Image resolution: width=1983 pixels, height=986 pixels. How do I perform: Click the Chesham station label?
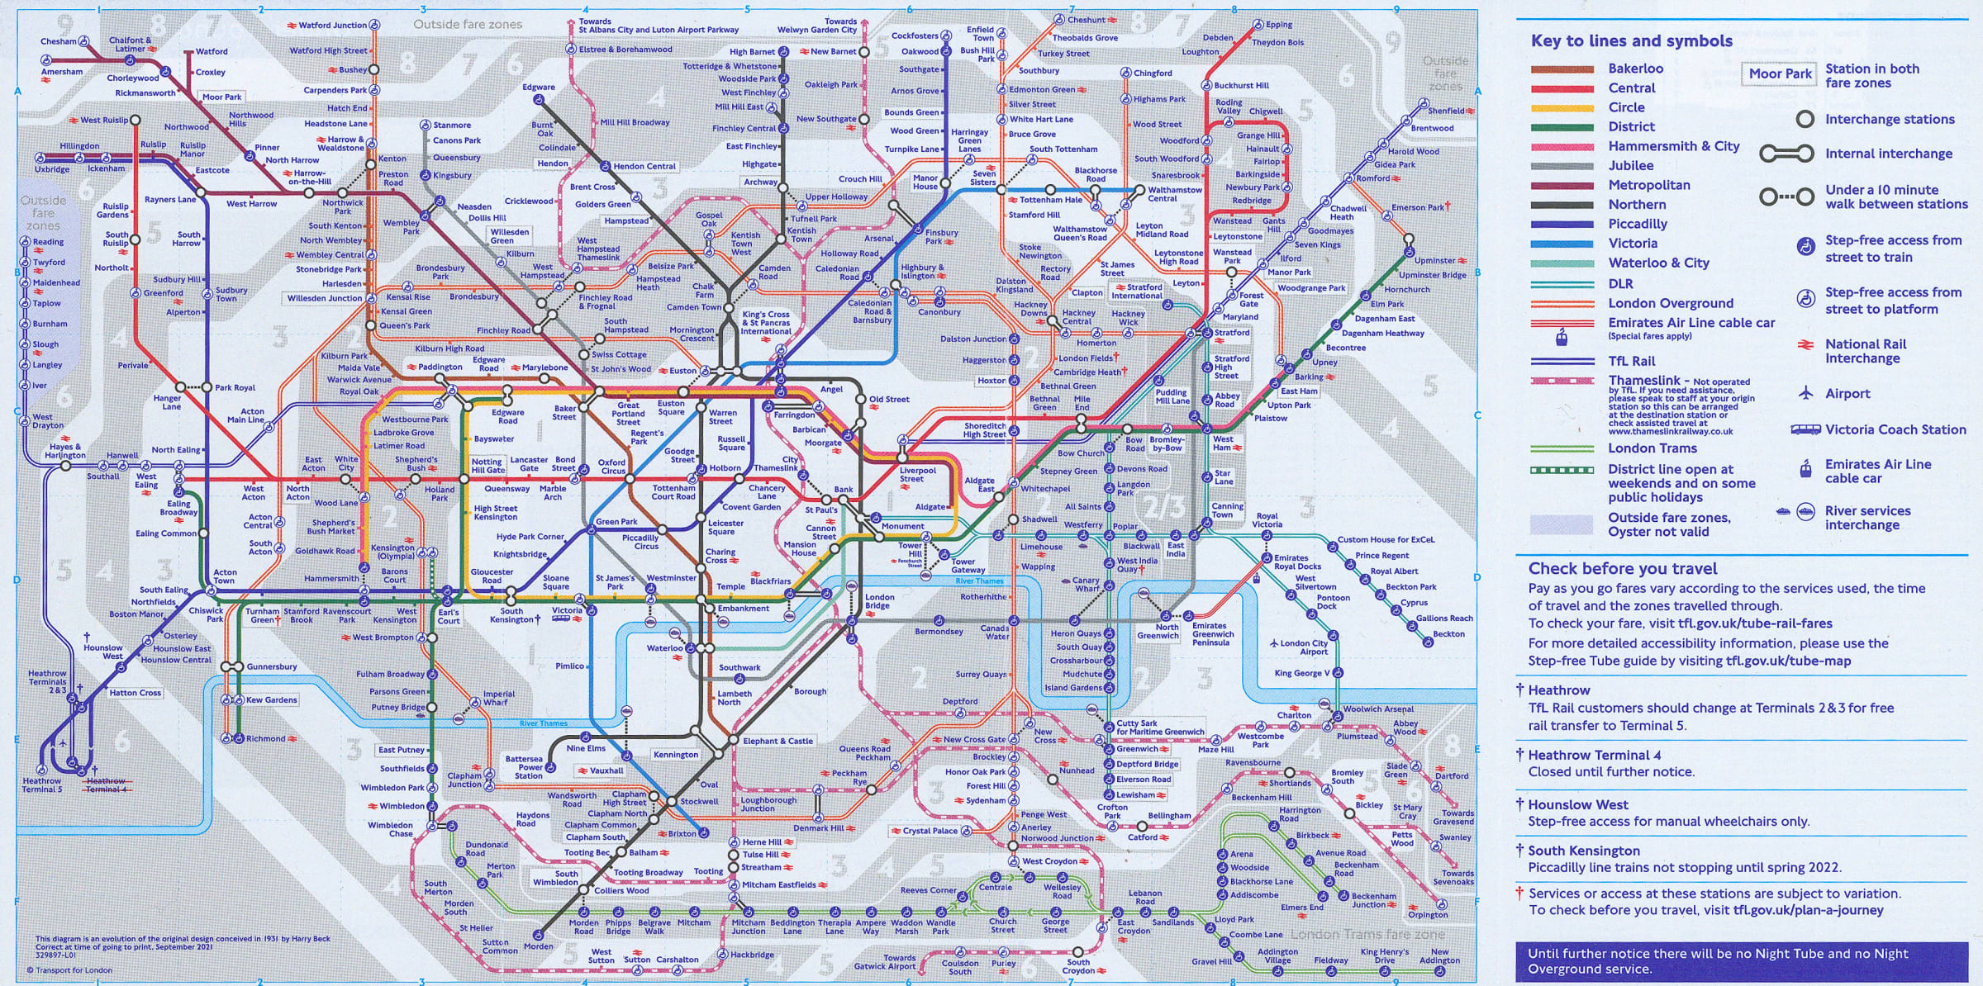(58, 41)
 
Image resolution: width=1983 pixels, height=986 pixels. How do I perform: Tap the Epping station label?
(1279, 25)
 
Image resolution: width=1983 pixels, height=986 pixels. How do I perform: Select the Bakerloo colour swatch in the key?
(1562, 69)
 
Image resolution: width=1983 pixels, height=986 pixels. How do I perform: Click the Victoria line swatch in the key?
(1562, 244)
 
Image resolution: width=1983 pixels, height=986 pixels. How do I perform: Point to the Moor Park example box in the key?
(1780, 73)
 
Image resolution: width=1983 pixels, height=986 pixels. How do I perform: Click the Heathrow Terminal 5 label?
(42, 785)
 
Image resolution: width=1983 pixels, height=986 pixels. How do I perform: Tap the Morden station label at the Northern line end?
(539, 946)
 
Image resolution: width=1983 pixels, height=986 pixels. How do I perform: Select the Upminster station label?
(1435, 260)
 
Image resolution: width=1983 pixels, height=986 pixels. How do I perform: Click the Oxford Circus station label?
(612, 467)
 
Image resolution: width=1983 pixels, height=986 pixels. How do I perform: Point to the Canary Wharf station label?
(1086, 585)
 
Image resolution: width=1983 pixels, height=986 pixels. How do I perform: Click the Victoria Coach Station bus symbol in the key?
(1805, 429)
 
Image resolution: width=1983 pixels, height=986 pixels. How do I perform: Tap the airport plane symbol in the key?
(1806, 393)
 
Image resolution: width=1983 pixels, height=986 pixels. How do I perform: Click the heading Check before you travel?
(1622, 568)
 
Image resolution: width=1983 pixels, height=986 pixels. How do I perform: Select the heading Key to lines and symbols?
(1631, 41)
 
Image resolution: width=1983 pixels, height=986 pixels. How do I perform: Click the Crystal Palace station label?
(930, 831)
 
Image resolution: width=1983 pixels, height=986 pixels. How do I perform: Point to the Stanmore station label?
(452, 126)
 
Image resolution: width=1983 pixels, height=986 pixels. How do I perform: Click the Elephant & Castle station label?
(778, 741)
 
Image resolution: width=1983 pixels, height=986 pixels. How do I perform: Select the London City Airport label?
(1304, 647)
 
